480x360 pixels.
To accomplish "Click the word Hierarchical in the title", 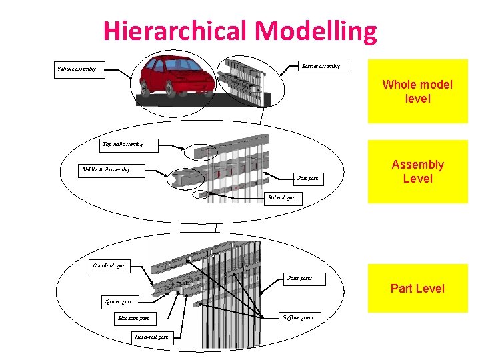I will point(176,31).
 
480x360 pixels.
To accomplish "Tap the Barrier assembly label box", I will point(321,66).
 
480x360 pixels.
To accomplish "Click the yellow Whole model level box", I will point(417,91).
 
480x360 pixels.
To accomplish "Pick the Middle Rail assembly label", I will point(105,169).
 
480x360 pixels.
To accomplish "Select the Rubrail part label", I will point(282,198).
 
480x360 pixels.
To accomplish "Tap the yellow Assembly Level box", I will point(417,171).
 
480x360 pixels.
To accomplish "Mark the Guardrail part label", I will point(110,265).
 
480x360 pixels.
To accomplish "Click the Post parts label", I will point(299,277).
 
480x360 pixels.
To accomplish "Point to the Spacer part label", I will point(119,302).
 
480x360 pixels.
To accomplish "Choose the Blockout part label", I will point(133,319).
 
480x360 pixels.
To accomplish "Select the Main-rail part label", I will point(151,337).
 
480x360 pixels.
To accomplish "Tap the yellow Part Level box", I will point(417,289).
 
